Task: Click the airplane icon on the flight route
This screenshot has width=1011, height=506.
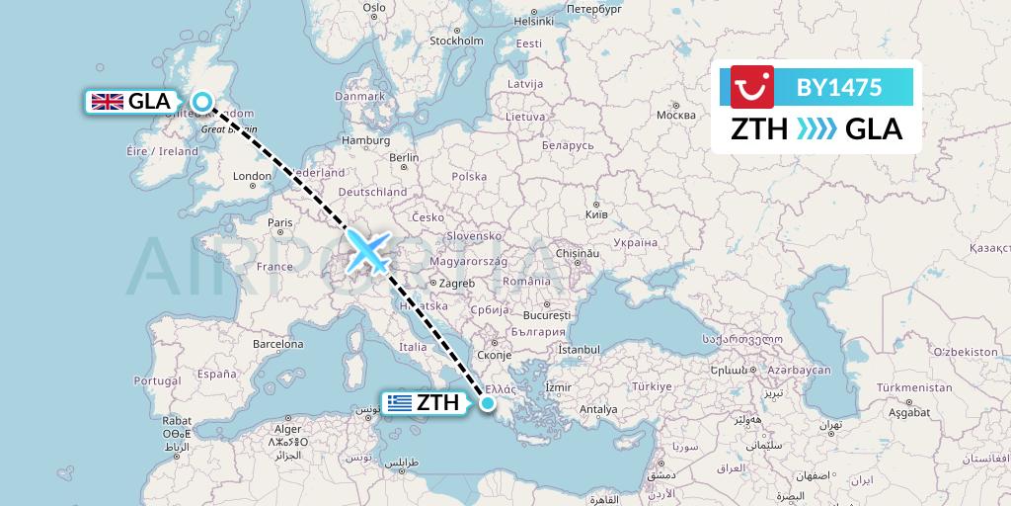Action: (x=368, y=250)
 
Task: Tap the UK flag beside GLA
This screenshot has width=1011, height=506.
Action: (x=107, y=101)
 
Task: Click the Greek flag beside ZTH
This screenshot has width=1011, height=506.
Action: (x=399, y=402)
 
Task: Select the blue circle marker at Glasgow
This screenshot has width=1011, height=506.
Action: (x=202, y=101)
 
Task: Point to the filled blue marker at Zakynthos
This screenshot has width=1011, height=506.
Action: (x=488, y=401)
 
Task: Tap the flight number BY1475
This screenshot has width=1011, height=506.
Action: (x=839, y=88)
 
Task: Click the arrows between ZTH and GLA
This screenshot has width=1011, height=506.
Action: (x=816, y=129)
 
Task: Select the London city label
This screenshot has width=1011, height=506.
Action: (x=251, y=177)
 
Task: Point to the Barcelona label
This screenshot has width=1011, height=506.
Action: (x=276, y=345)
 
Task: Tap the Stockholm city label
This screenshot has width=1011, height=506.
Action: (x=456, y=41)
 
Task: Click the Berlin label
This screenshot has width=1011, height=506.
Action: (x=405, y=157)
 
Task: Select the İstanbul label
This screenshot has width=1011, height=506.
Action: (x=578, y=349)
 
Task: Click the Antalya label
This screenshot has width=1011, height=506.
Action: (x=599, y=409)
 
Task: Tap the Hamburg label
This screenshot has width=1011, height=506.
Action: (x=366, y=140)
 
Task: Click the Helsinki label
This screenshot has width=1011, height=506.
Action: (x=533, y=20)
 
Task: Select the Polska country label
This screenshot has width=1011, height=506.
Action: (x=470, y=177)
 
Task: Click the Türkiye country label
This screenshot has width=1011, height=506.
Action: (x=652, y=385)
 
